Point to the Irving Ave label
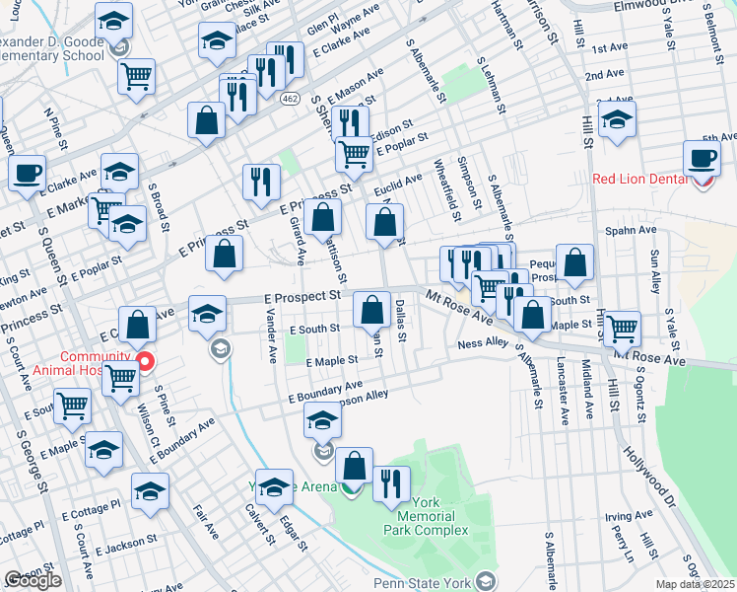[630, 516]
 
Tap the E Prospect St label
[301, 295]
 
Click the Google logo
[32, 579]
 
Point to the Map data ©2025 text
[696, 584]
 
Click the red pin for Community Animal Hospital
[146, 362]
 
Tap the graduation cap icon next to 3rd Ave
[618, 122]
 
